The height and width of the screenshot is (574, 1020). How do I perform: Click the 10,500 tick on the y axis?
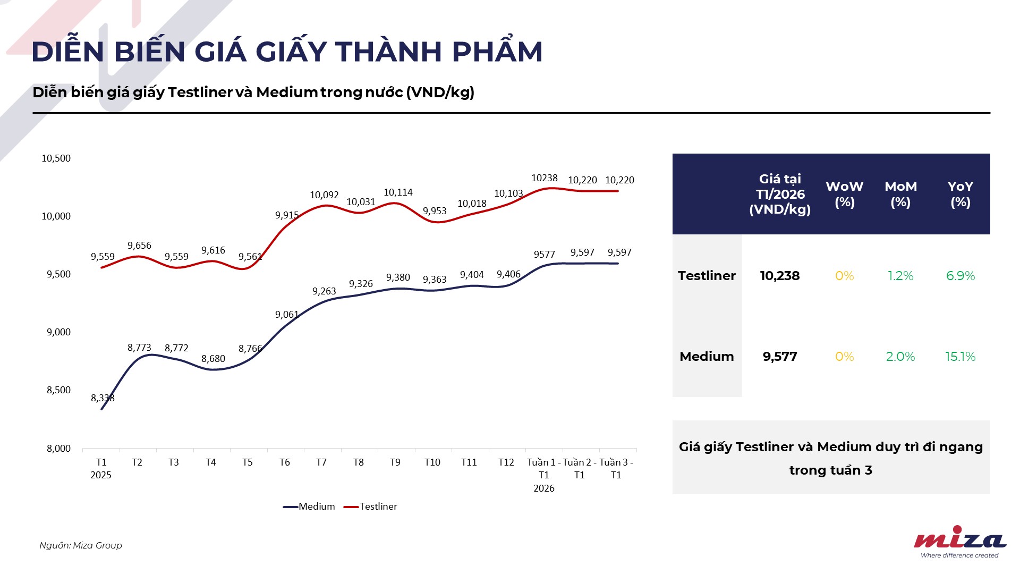pos(56,158)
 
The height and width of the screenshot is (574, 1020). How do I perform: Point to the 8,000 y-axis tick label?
pos(58,449)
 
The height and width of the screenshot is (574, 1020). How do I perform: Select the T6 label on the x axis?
pos(285,462)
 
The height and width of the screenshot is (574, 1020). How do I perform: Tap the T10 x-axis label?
pos(432,462)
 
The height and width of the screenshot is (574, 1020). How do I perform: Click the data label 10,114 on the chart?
pos(398,192)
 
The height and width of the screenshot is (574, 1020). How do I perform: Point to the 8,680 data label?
pos(213,359)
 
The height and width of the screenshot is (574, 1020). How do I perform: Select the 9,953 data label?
pos(435,211)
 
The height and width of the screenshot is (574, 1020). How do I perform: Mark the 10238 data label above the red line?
pos(545,178)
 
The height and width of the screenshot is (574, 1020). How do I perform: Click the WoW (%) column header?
pos(844,194)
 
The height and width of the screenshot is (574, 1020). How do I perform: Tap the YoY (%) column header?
pos(960,194)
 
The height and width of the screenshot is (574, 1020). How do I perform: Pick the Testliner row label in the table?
pos(707,276)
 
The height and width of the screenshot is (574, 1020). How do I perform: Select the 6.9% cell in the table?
pos(960,276)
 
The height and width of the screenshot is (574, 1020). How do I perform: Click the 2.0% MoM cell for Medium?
pos(900,357)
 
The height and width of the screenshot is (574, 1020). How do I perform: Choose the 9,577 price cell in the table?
pos(779,357)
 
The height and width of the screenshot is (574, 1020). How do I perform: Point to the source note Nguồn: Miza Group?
pos(81,545)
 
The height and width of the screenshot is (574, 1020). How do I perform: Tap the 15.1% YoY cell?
pos(960,357)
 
